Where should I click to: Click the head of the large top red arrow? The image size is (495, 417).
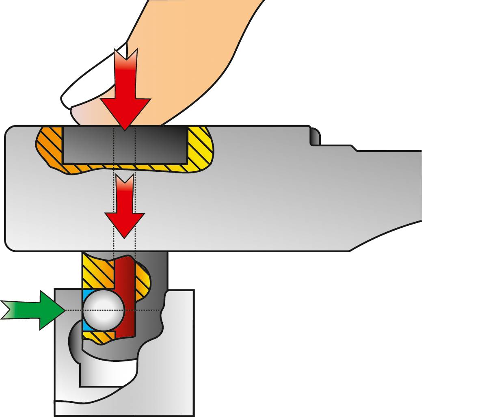click(125, 112)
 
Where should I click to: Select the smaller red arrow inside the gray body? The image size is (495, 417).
click(125, 207)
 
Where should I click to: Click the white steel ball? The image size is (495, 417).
click(103, 310)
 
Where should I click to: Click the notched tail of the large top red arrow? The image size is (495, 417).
click(125, 61)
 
